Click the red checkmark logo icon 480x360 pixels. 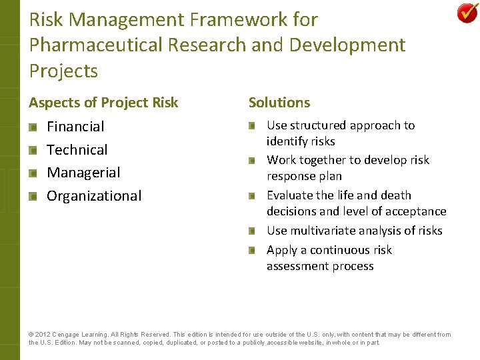467,13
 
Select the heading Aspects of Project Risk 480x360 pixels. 103,103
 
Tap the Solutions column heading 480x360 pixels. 279,103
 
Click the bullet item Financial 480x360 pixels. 75,127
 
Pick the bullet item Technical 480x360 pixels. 77,150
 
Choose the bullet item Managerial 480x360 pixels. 83,173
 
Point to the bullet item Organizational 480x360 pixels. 94,196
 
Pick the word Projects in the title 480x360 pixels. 63,71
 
